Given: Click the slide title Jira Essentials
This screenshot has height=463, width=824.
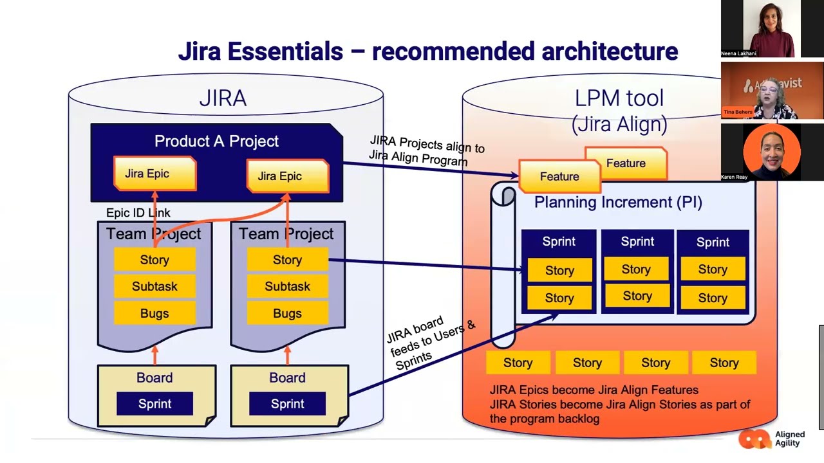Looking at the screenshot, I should pyautogui.click(x=427, y=51).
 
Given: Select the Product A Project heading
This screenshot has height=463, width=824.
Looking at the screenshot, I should pyautogui.click(x=216, y=141).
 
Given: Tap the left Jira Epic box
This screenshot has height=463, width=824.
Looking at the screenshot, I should pyautogui.click(x=154, y=174).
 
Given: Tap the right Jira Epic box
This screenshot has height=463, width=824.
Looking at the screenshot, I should pyautogui.click(x=287, y=176).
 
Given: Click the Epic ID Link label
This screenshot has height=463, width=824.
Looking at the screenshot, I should pyautogui.click(x=138, y=213).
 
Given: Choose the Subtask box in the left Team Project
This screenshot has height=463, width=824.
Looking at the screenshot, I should pyautogui.click(x=154, y=286).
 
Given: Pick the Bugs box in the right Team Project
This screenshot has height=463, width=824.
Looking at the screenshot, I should pyautogui.click(x=287, y=313).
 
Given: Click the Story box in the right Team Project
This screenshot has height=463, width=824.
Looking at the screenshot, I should pyautogui.click(x=287, y=260).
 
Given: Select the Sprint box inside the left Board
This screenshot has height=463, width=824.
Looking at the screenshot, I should pyautogui.click(x=154, y=404).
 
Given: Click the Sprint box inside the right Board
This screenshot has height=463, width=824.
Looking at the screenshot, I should pyautogui.click(x=287, y=404).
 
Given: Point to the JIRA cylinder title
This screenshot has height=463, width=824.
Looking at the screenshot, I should pyautogui.click(x=223, y=98).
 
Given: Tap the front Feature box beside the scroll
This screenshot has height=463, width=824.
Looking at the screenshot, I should pyautogui.click(x=559, y=177).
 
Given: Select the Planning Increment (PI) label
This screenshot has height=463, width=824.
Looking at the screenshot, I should pyautogui.click(x=617, y=202).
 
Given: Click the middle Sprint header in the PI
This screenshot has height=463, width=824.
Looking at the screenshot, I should pyautogui.click(x=637, y=241).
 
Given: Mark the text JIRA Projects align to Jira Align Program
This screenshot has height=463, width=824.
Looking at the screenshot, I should pyautogui.click(x=426, y=150).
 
